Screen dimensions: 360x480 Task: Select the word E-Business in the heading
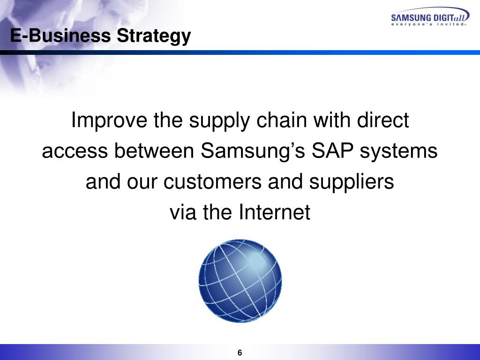[x=61, y=36]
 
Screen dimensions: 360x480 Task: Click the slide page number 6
[x=240, y=353]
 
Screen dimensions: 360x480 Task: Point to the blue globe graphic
[x=240, y=281]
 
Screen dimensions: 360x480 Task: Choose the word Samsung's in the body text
[x=244, y=152]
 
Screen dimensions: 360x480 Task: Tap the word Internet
[x=275, y=213]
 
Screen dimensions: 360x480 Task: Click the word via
[x=183, y=213]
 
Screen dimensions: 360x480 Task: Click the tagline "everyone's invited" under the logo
[x=429, y=24]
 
